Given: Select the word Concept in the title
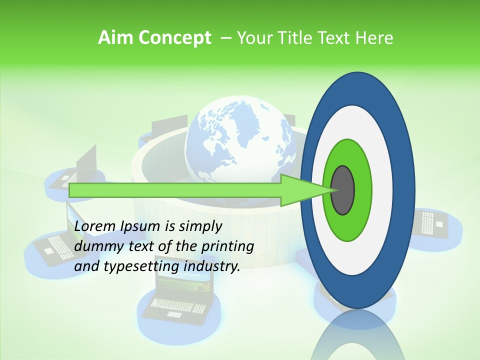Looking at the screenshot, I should click(174, 38).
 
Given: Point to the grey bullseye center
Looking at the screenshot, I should click(342, 190).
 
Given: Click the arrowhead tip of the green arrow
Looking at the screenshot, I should click(332, 190).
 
